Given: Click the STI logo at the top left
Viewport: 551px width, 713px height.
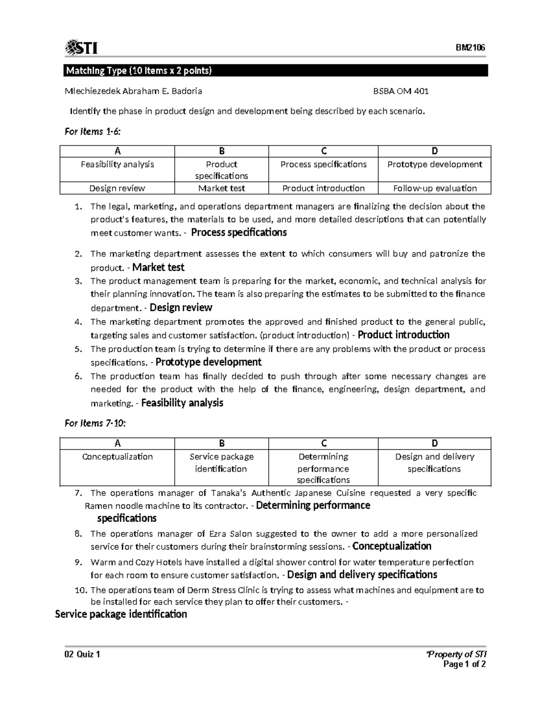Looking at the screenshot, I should coord(81,47).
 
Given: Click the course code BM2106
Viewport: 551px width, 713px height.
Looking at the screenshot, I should coord(470,48).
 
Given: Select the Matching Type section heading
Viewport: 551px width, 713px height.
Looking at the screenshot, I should coord(139,71).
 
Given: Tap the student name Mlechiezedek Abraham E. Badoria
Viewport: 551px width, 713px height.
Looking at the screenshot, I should coord(133,91).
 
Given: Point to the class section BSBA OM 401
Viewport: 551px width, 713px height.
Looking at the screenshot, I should coord(401,91).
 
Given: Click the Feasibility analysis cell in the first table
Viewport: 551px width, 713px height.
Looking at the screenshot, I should coord(117,164).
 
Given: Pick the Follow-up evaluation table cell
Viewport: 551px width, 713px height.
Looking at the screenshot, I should coord(434,188).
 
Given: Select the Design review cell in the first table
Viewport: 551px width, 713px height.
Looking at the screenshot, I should coord(117,188).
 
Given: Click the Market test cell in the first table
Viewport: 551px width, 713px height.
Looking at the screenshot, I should coord(221,188).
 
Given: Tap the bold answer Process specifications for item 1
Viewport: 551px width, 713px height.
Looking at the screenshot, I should coord(239,233).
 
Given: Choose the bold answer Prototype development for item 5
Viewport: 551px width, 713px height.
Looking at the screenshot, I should coord(208,362).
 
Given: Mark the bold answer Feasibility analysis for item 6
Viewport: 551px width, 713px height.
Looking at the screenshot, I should coord(182,403).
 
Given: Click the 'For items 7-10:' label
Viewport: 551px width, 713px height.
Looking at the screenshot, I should coord(95,423).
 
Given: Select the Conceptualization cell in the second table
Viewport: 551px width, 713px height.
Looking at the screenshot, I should coord(117,457).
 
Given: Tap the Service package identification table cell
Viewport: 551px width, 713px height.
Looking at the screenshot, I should coord(221,463).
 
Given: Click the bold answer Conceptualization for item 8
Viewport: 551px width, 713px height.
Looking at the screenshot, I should coord(392,546).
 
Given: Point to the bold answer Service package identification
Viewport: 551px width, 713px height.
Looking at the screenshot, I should coord(121,614).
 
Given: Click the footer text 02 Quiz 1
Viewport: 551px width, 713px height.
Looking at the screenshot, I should coord(82,654).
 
